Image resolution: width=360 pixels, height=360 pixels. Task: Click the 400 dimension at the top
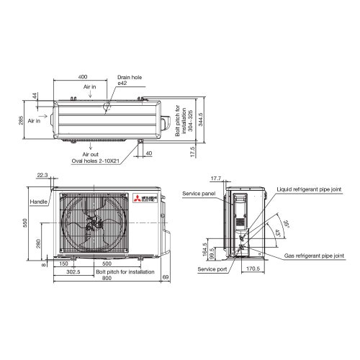point(83,76)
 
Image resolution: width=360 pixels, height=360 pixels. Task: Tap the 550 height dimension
point(24,224)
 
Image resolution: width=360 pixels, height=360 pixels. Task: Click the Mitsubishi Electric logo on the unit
point(138,199)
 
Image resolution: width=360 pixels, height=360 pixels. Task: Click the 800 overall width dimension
point(107,279)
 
